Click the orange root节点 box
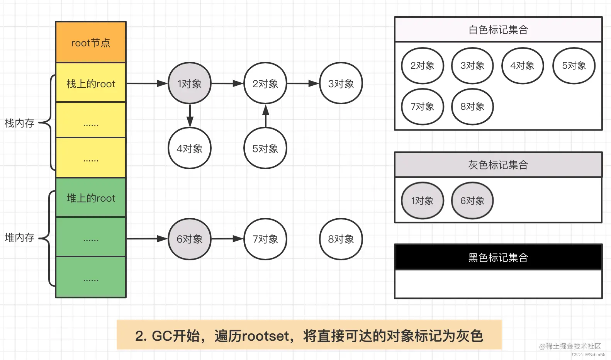(91, 42)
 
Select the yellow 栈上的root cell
(91, 83)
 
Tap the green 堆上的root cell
(91, 198)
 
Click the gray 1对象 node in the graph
(189, 83)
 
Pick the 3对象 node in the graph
(341, 83)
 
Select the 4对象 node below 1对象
(189, 148)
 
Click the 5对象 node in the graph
(265, 148)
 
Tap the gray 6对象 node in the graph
(189, 239)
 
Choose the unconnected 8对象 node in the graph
(341, 239)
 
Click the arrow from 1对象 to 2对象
(227, 83)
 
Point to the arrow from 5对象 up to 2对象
(265, 116)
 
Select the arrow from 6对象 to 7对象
(227, 239)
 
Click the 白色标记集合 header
(498, 30)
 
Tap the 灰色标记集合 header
(498, 165)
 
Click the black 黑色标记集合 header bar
(498, 257)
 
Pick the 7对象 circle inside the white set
(422, 107)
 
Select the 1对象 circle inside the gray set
(422, 201)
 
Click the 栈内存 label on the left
(19, 123)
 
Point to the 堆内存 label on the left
(19, 238)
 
